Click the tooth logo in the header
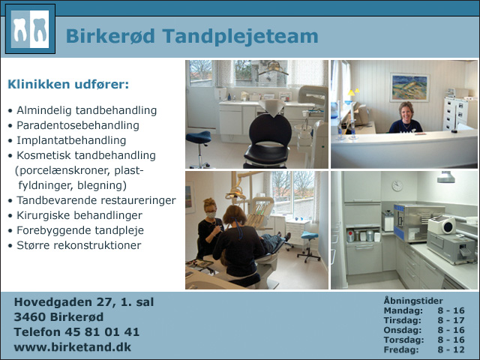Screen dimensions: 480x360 [x=30, y=29]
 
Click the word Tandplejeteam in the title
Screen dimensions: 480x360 [x=240, y=37]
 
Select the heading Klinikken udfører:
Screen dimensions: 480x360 [x=68, y=84]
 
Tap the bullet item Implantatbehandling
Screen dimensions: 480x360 [x=71, y=140]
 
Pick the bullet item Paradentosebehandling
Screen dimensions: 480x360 [x=78, y=125]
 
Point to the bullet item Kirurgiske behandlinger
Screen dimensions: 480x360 [x=79, y=215]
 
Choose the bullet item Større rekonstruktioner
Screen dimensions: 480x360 [x=79, y=245]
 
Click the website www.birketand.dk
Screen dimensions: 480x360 [x=73, y=347]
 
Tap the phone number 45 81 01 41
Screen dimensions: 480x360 [x=102, y=332]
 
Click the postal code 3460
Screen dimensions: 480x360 [x=30, y=316]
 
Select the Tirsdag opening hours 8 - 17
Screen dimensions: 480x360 [x=451, y=320]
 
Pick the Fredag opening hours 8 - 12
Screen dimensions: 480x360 [x=451, y=349]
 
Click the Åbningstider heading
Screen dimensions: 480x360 [x=413, y=301]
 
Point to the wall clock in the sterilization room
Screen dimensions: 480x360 [x=397, y=186]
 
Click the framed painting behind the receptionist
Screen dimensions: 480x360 [x=409, y=88]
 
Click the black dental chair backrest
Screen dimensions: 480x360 [x=270, y=130]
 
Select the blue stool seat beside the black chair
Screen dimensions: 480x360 [x=198, y=137]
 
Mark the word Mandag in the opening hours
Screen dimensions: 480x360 [x=403, y=310]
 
